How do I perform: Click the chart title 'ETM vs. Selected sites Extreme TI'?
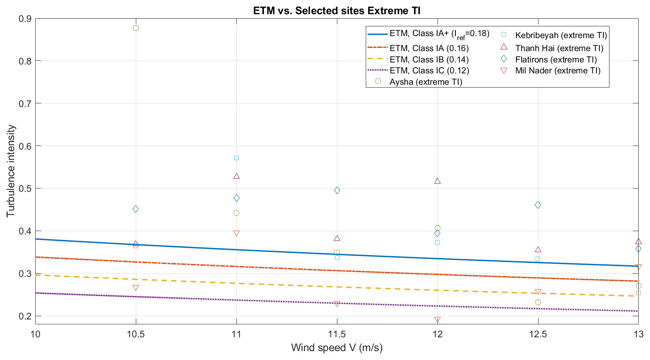(337, 11)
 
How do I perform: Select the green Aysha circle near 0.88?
(136, 28)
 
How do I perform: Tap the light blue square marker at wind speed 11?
(236, 158)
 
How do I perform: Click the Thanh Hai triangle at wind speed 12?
(438, 181)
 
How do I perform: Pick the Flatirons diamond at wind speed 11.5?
(337, 191)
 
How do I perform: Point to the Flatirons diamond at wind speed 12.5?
(538, 205)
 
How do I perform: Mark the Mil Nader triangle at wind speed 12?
(438, 320)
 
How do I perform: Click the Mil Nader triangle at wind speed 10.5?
(136, 288)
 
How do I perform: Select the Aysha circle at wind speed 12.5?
(538, 302)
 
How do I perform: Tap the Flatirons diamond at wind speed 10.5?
(136, 209)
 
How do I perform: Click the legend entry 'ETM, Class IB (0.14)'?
(429, 60)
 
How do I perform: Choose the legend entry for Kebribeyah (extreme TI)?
(561, 35)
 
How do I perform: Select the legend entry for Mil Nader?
(558, 71)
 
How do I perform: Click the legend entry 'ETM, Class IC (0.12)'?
(429, 71)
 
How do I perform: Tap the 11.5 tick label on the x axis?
(337, 334)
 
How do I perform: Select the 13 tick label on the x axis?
(638, 334)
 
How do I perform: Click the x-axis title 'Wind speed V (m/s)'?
(337, 348)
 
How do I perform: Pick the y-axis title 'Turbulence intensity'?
(11, 171)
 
